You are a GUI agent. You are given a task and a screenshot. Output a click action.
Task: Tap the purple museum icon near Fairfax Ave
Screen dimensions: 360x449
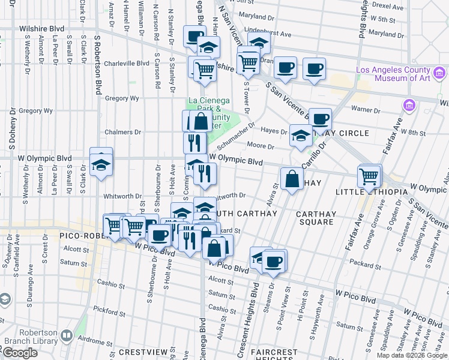[410, 106]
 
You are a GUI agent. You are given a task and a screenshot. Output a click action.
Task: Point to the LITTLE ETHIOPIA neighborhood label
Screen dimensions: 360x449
[370, 191]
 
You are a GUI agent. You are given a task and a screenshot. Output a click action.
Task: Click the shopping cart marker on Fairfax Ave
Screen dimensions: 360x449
[369, 177]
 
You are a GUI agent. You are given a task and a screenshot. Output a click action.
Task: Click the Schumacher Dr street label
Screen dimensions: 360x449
[238, 140]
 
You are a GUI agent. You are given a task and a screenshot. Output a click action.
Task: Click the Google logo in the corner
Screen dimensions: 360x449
[19, 353]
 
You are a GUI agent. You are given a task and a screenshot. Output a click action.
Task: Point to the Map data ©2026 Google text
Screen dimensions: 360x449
[412, 355]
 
